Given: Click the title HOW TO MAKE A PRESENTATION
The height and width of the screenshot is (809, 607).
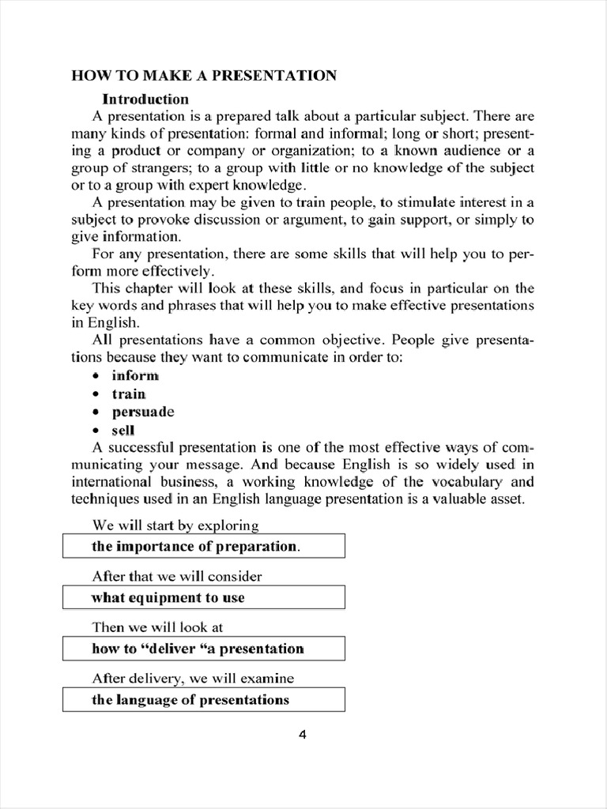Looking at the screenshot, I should [x=204, y=76].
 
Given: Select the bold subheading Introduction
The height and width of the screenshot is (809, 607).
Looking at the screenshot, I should [x=145, y=99].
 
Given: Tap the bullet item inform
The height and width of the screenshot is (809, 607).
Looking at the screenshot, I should [x=135, y=375].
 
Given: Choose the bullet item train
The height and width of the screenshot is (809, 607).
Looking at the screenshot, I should [x=129, y=393].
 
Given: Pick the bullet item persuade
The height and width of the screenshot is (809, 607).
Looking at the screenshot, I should [x=142, y=412].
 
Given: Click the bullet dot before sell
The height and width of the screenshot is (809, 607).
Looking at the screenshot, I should [x=96, y=431].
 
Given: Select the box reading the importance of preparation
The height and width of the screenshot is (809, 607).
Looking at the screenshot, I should [x=203, y=546].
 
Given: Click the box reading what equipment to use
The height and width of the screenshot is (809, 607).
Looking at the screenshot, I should [x=203, y=597].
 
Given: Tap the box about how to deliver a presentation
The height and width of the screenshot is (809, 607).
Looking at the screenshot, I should [x=203, y=649].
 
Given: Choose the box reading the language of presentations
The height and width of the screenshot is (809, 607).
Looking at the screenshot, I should [x=203, y=700].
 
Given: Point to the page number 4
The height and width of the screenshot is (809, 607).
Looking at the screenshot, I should [x=302, y=735].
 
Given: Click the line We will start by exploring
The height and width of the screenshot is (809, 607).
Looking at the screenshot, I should [x=175, y=525].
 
